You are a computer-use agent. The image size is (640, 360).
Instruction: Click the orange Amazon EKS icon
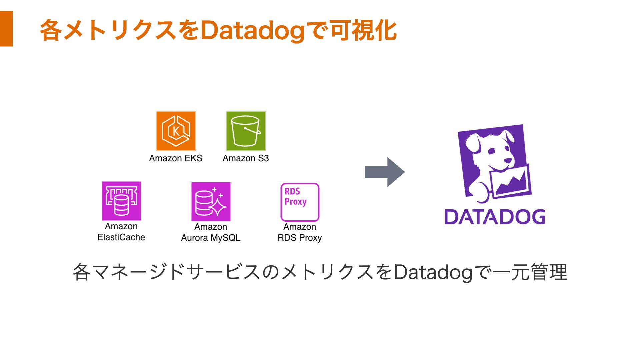pos(176,131)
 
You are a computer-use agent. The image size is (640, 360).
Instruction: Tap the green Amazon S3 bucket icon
pos(246,131)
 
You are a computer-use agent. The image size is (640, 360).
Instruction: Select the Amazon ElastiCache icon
pos(122,201)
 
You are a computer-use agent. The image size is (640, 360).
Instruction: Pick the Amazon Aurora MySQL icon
pos(211,202)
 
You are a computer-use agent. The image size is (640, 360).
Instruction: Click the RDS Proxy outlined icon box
pos(300,202)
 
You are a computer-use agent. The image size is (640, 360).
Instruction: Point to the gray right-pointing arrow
pos(385,172)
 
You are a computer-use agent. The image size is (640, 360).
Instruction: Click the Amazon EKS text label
pos(176,158)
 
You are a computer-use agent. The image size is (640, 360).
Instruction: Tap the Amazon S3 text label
pos(246,158)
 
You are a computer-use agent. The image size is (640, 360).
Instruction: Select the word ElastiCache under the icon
pos(121,237)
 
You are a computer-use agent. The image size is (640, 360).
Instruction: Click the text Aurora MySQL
pos(211,238)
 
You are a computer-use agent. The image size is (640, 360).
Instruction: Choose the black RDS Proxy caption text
pos(300,238)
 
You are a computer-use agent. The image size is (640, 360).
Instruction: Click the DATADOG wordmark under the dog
pos(495,217)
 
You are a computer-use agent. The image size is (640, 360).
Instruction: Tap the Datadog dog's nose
pos(508,161)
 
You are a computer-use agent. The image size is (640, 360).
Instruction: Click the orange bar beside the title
pos(6,29)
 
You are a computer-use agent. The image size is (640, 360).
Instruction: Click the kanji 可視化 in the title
pos(363,30)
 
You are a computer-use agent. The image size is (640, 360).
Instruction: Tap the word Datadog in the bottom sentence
pos(433,272)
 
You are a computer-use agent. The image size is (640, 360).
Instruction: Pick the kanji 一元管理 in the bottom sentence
pos(530,272)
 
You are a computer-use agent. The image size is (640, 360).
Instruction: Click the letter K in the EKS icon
pos(176,131)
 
